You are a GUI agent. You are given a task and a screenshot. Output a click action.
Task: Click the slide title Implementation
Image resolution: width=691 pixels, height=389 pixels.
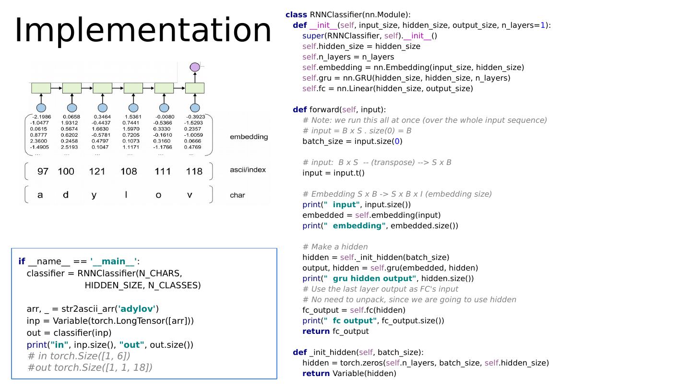point(143,30)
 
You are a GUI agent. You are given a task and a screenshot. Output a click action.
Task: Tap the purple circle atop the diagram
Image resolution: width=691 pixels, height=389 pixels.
point(195,67)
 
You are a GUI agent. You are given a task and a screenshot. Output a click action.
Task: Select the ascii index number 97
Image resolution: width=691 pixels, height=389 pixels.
point(43,171)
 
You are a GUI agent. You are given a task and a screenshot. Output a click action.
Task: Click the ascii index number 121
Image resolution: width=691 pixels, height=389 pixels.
point(97,171)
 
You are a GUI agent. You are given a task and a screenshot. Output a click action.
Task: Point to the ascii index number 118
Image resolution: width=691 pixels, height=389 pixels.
point(194,171)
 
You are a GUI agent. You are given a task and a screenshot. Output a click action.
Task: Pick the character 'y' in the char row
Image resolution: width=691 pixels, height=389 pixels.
point(94,195)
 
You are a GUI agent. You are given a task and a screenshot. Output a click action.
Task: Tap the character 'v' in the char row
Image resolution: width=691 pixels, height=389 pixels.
point(190,195)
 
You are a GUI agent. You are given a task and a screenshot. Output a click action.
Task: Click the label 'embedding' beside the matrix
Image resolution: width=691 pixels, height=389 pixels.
point(249,137)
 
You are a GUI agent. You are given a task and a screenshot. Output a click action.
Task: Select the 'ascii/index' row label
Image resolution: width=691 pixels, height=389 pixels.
point(248,170)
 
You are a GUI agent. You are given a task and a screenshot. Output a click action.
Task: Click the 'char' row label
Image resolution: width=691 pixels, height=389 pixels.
point(237,195)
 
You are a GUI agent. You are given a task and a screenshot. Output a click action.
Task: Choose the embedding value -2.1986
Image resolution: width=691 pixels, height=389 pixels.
point(41,117)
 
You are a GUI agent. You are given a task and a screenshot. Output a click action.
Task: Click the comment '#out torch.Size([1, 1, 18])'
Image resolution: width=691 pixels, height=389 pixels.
point(90,367)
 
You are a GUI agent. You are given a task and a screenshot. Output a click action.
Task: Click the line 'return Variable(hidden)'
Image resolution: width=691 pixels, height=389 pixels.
point(349,374)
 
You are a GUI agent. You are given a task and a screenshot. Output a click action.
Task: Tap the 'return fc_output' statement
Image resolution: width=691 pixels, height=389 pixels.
point(335,331)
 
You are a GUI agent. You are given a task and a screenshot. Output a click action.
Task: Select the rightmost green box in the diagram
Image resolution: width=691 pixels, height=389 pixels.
point(195,88)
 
